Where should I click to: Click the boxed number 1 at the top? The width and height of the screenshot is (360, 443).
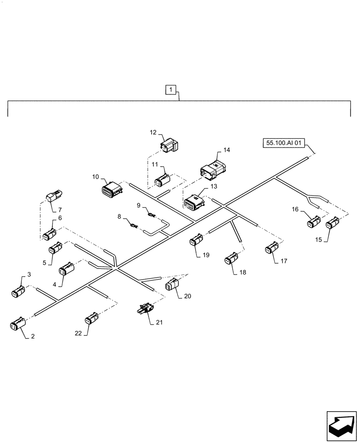[x=171, y=90]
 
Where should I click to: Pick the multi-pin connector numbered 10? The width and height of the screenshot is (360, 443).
[x=112, y=190]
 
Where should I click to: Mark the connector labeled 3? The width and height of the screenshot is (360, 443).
[x=18, y=291]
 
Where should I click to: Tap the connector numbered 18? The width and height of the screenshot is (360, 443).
[x=231, y=259]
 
